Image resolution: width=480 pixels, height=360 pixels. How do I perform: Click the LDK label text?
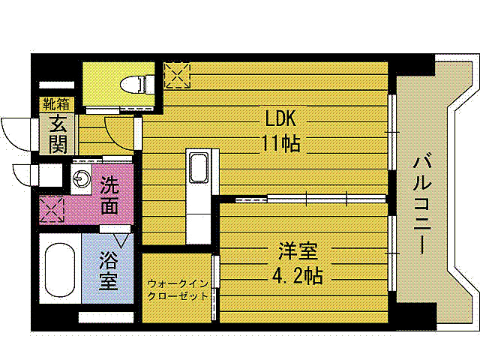(x=281, y=118)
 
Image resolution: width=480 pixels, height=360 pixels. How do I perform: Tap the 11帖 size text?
(x=281, y=142)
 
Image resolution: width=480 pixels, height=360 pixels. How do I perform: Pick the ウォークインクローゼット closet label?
(x=178, y=289)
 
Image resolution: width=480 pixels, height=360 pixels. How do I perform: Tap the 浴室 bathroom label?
(x=109, y=271)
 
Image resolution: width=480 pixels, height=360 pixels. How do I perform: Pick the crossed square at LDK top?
(x=178, y=75)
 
